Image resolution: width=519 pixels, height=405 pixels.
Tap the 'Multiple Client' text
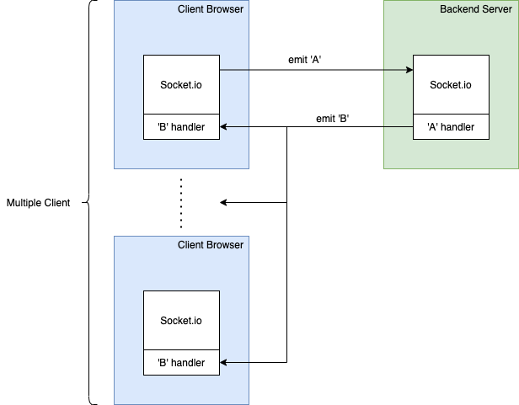point(38,203)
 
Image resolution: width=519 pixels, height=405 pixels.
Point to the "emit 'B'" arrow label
point(333,119)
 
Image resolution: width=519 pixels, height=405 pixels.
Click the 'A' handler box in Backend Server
point(451,127)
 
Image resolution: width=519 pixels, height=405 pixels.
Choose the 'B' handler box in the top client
point(181,127)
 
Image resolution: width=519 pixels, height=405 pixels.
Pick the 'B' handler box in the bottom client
point(181,363)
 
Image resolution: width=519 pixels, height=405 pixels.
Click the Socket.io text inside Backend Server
point(451,84)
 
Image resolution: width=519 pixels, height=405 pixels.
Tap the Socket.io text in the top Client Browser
point(181,84)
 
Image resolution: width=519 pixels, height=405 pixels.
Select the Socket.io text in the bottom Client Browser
point(181,320)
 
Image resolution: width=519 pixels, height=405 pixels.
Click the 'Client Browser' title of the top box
point(210,9)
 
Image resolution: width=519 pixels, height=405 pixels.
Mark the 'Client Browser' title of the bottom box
point(210,245)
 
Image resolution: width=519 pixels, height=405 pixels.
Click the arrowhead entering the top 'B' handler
point(224,127)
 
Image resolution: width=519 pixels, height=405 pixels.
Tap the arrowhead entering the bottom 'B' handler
point(224,363)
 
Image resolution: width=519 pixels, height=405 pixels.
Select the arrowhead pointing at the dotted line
point(224,203)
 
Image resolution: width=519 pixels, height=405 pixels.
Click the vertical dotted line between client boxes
point(181,203)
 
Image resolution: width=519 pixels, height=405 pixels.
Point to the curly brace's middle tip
point(89,203)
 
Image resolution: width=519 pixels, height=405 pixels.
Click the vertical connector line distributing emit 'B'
point(287,253)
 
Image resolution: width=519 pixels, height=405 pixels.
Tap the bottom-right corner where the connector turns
point(287,363)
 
